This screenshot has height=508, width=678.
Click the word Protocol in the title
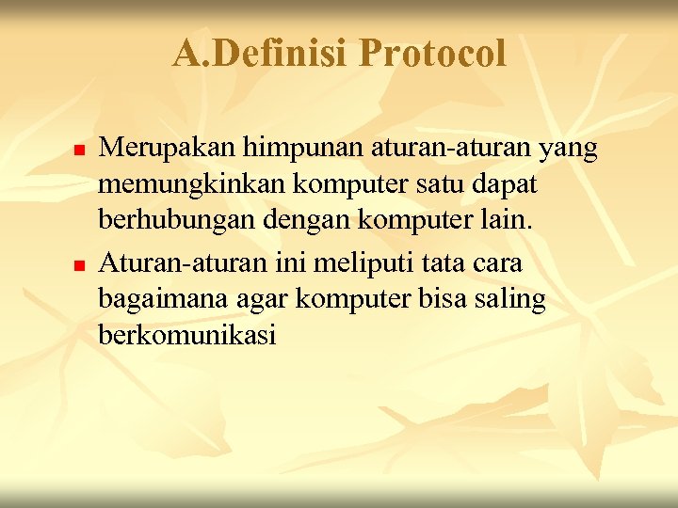[432, 55]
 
